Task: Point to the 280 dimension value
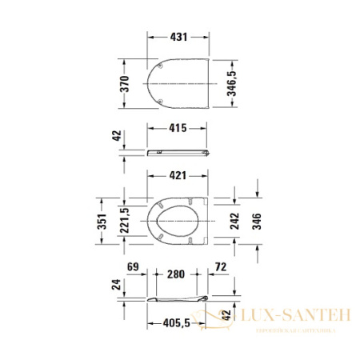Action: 175,274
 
